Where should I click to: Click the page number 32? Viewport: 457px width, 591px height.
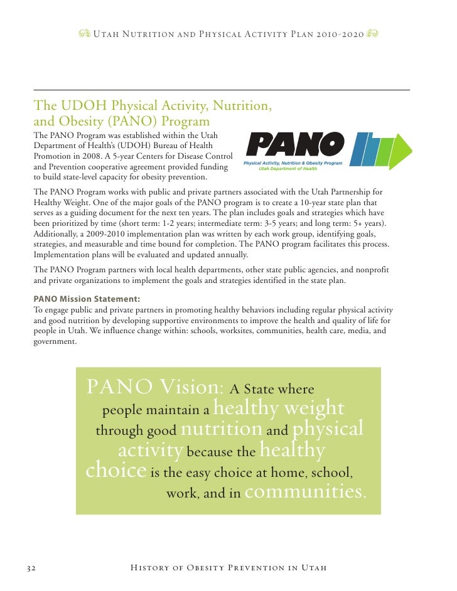pyautogui.click(x=30, y=568)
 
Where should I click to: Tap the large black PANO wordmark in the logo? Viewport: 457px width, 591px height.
pyautogui.click(x=295, y=146)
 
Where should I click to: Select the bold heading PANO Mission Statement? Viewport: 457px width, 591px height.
pyautogui.click(x=87, y=299)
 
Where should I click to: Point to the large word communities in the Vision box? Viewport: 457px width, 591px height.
pyautogui.click(x=304, y=491)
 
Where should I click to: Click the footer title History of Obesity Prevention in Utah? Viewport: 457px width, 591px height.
pyautogui.click(x=228, y=568)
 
